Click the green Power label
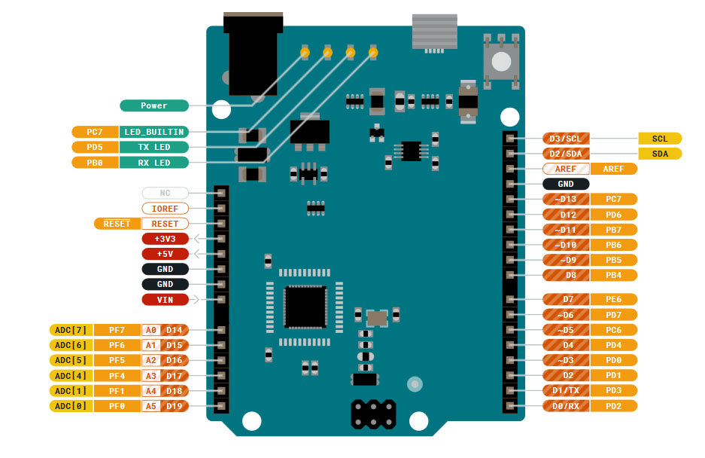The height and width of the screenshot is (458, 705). (153, 105)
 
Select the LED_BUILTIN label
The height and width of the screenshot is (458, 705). (153, 132)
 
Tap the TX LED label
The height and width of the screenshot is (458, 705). (153, 147)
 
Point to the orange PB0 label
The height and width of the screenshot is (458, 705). (95, 163)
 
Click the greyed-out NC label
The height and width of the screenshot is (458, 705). (165, 193)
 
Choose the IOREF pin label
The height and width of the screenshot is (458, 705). (165, 208)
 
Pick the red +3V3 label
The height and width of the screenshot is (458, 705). (165, 239)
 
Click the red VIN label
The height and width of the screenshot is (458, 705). (165, 300)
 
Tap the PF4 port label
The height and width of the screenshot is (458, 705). (117, 376)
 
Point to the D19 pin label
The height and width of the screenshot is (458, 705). (175, 406)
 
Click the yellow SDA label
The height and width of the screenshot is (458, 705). (660, 154)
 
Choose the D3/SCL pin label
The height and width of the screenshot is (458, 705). (566, 139)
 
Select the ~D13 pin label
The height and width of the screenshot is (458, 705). (566, 199)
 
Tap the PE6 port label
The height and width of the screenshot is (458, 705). (613, 299)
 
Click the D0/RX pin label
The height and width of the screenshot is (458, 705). (566, 406)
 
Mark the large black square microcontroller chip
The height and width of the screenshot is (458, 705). (305, 307)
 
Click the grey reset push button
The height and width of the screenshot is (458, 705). (500, 59)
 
